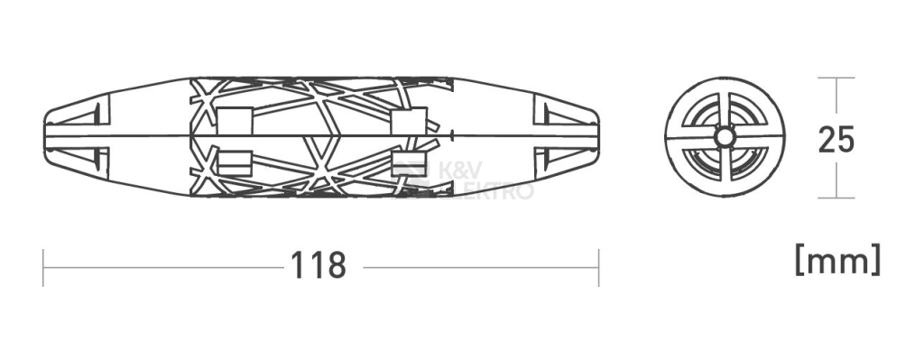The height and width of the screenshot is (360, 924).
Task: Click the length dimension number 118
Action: point(319,266)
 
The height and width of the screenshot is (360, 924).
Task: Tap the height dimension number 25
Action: point(836,140)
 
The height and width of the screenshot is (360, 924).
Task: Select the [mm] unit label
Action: point(838,260)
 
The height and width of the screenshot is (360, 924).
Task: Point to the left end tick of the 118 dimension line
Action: point(43,267)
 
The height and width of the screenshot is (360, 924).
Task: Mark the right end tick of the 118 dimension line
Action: point(599,267)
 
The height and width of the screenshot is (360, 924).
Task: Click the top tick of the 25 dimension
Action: point(836,78)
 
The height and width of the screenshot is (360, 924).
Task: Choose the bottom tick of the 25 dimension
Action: point(836,198)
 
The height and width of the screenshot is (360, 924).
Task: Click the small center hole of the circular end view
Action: point(725,138)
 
